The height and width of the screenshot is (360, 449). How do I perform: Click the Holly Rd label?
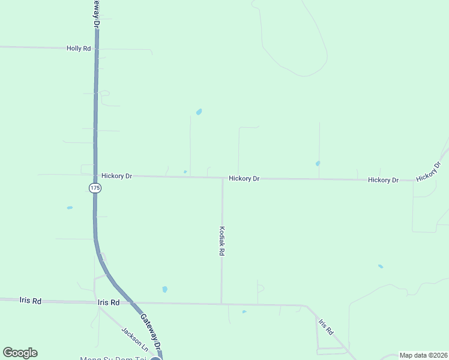coord(79,48)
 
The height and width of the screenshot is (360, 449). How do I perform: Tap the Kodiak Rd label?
coord(222,241)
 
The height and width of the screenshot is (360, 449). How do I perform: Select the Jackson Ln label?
coord(134,338)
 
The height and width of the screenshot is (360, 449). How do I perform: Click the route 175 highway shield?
coord(95,188)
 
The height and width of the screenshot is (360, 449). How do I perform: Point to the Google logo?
coord(20,353)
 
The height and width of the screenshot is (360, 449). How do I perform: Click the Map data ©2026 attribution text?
coord(423,355)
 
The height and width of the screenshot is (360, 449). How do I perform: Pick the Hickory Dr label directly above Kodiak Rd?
coord(244,179)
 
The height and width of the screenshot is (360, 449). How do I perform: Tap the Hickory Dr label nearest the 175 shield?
coord(116,176)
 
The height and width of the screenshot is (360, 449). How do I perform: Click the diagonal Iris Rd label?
coord(325,327)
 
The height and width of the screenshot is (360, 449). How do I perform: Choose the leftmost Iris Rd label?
coord(30,301)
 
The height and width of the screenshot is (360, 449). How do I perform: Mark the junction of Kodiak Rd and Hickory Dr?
coord(222,178)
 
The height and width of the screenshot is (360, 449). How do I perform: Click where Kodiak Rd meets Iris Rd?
coord(221,304)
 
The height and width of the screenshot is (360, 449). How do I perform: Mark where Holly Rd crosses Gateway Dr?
coord(96,48)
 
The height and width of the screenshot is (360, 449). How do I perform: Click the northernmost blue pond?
coord(199,112)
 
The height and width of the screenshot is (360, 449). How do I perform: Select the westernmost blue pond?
coord(70,208)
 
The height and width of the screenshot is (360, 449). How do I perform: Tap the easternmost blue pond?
coord(381,266)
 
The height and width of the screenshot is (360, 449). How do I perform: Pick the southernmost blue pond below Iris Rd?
coord(244,311)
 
